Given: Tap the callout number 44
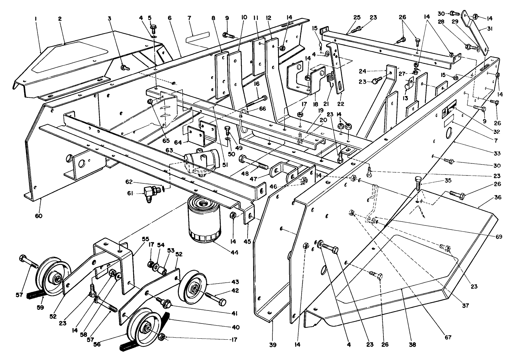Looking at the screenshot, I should pyautogui.click(x=234, y=252).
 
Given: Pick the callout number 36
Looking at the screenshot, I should pyautogui.click(x=488, y=198).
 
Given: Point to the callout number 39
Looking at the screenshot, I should pyautogui.click(x=274, y=345).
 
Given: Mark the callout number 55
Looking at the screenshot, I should pyautogui.click(x=146, y=239).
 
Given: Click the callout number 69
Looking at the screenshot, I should pyautogui.click(x=499, y=237).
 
